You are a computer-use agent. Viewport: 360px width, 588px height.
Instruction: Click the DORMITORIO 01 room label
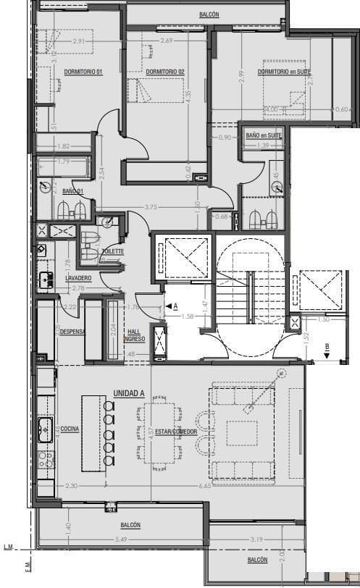83,71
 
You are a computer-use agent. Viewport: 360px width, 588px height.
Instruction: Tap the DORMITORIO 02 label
165,71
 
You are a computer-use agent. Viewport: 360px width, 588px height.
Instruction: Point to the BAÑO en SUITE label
262,135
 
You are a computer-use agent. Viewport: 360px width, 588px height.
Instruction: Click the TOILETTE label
112,251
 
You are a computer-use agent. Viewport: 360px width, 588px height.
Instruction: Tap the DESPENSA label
72,332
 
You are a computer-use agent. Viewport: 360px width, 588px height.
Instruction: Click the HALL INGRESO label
135,335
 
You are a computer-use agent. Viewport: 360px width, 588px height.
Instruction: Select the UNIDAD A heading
128,392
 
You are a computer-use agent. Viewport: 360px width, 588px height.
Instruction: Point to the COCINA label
70,429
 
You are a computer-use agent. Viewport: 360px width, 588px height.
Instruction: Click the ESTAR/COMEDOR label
177,432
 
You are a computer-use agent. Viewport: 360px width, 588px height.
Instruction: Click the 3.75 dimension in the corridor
151,208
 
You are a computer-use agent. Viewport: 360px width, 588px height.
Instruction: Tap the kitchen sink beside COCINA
44,424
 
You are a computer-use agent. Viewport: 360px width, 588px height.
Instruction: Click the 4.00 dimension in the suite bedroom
272,109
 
